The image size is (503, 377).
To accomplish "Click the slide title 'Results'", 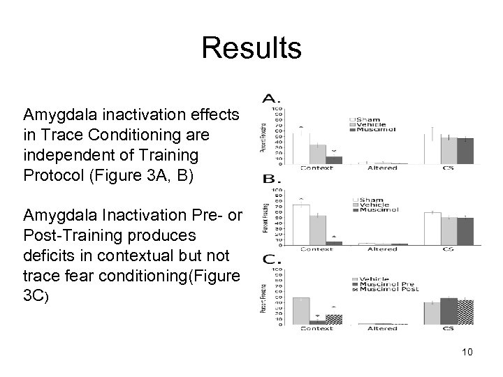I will (x=251, y=50).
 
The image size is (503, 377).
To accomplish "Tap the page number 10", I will (x=467, y=352).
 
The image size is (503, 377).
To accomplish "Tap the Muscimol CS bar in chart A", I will (x=465, y=151).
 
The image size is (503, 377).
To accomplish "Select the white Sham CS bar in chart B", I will (x=432, y=228).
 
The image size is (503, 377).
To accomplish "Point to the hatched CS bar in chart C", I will (x=465, y=312).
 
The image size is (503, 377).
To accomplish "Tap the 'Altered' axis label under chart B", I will (x=382, y=249).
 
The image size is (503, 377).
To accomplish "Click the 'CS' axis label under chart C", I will (x=448, y=329).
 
